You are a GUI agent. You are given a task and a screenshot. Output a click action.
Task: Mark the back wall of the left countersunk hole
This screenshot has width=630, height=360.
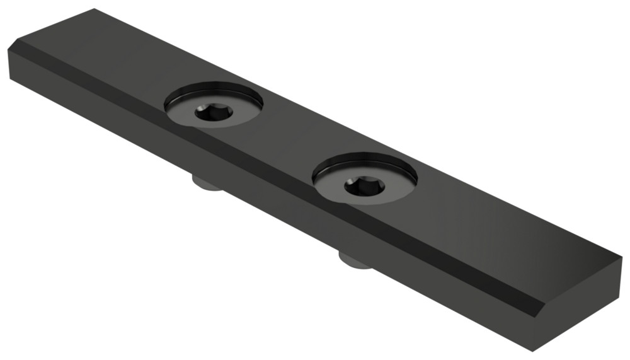click(214, 90)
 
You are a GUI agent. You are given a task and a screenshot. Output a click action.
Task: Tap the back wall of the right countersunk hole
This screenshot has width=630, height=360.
click(365, 161)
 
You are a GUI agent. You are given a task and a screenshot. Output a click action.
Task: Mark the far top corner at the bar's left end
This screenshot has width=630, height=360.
click(94, 9)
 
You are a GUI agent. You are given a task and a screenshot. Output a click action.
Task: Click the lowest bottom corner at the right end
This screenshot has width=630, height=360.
click(535, 351)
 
